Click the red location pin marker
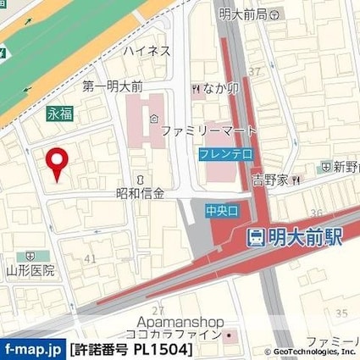(x=57, y=163)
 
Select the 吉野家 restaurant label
(x=271, y=180)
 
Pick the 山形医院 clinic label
(x=30, y=270)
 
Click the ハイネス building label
(x=147, y=51)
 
